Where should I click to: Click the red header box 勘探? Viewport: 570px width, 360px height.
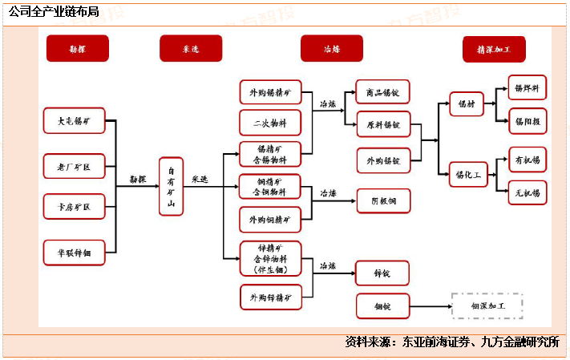[77, 49]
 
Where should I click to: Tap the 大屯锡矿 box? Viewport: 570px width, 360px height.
[74, 121]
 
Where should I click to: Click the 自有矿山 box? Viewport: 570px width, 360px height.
[171, 186]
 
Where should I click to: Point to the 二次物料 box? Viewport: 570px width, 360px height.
[270, 122]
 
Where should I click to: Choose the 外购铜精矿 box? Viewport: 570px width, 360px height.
[270, 220]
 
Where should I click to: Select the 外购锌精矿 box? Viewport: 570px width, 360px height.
[270, 297]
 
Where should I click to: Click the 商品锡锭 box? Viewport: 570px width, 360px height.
[382, 92]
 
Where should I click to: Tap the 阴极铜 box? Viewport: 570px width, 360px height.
[382, 200]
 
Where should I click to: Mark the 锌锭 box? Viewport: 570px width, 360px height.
[382, 273]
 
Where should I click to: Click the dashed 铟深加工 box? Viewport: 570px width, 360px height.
[487, 306]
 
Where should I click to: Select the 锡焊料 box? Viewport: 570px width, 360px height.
[528, 88]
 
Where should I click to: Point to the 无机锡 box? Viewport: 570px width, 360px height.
[528, 192]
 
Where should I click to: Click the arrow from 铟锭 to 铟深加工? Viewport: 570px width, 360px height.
[429, 306]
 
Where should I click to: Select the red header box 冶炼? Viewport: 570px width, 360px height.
[331, 49]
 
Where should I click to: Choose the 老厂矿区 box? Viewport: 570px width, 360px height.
[74, 166]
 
